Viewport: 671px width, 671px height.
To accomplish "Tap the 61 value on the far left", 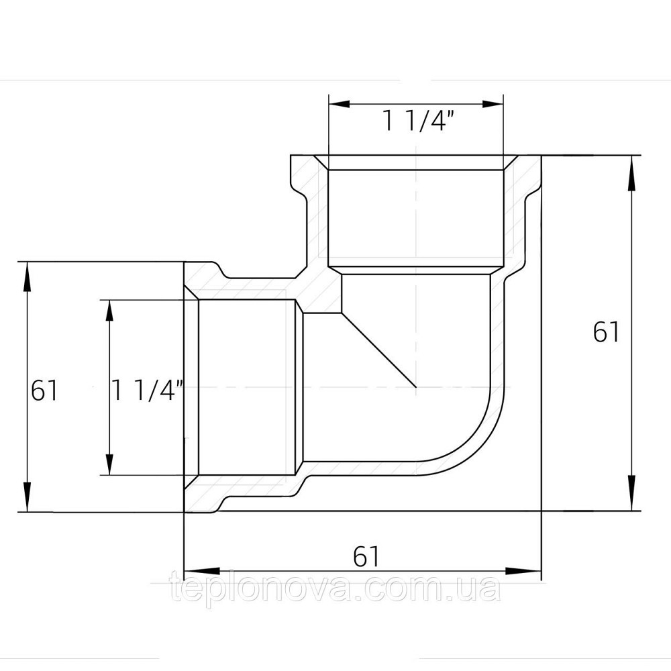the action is point(44,391).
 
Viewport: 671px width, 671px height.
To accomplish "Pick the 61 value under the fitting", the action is point(366,556).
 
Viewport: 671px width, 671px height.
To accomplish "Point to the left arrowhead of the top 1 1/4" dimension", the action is point(339,103).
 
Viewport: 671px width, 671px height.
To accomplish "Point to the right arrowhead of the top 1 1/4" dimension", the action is point(493,103).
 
